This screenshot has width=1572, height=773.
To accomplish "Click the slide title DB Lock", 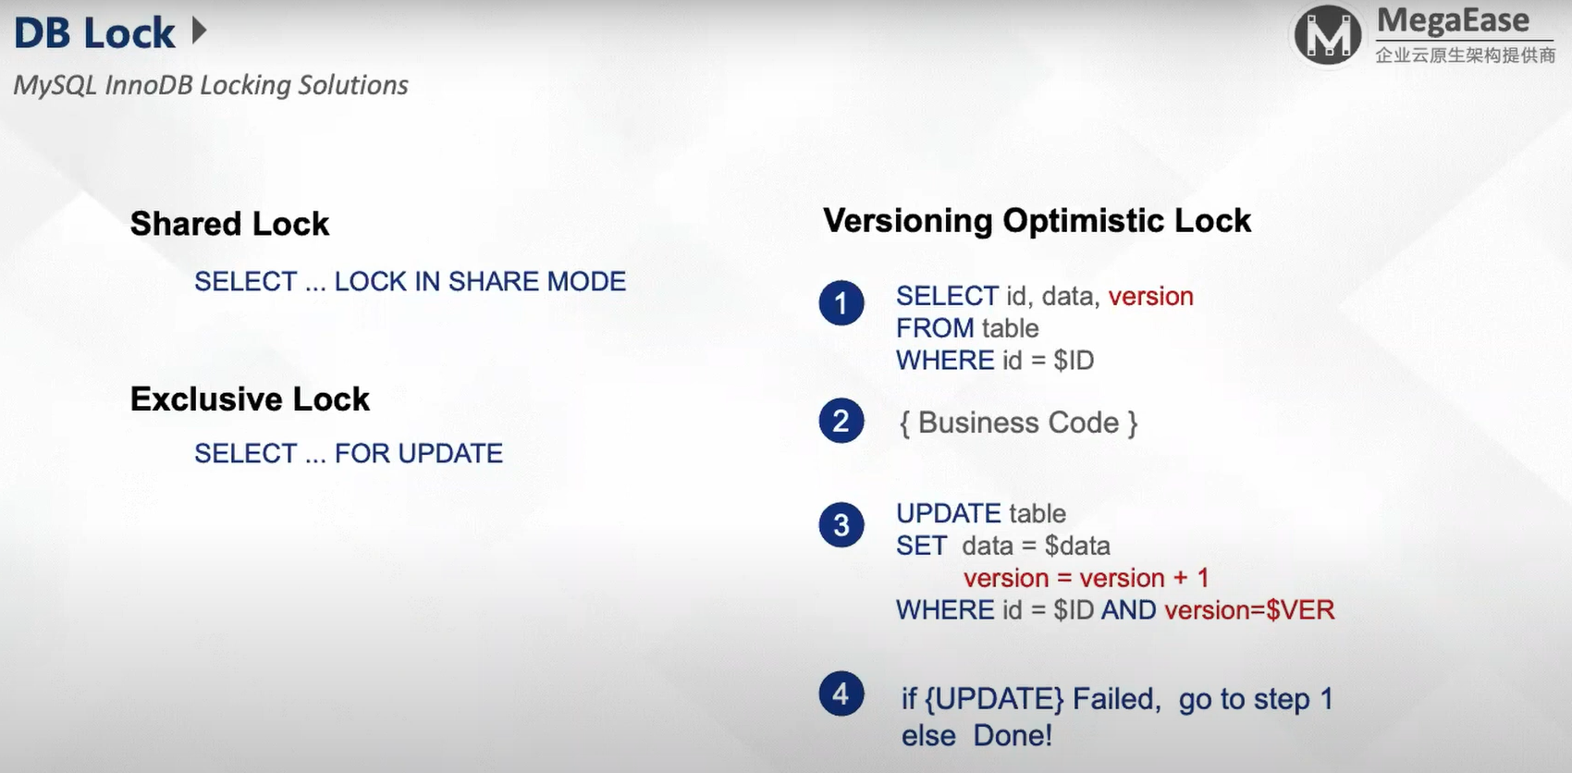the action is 94,33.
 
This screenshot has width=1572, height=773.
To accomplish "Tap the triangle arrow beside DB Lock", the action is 200,31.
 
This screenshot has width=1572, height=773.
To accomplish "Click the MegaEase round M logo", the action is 1327,34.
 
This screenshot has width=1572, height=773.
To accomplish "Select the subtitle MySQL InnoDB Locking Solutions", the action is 211,85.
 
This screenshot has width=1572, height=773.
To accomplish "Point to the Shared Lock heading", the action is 229,224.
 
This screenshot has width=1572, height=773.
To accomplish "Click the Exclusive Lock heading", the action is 250,399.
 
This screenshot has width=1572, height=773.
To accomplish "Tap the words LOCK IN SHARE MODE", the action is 480,281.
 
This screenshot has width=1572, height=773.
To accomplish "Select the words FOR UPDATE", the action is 419,453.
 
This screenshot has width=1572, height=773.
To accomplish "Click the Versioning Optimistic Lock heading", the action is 1038,221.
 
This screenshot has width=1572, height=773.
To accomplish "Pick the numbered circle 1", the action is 841,303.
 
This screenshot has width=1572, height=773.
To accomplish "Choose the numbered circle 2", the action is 841,421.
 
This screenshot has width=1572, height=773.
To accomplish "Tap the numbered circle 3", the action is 841,524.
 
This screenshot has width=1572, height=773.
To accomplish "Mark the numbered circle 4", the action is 841,693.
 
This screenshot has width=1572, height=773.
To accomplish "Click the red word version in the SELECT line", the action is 1151,296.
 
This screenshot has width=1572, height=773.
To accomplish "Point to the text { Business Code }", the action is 1018,423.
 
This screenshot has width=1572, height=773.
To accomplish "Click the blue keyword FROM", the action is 935,328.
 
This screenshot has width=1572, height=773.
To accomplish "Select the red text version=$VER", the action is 1250,610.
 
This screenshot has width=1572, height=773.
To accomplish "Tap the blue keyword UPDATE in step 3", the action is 948,513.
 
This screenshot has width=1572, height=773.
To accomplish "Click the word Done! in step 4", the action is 1013,736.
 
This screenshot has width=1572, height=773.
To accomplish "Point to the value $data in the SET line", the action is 1077,546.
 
